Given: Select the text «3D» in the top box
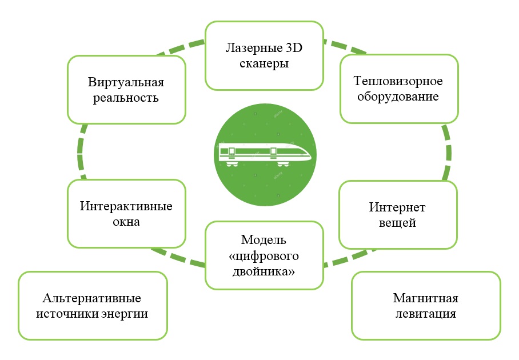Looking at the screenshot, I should [293, 49].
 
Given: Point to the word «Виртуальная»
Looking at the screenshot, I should [126, 82].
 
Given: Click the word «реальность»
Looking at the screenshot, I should [126, 98].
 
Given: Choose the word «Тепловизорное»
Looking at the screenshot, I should [398, 81].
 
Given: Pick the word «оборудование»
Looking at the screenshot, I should [398, 97].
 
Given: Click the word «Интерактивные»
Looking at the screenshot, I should [126, 206].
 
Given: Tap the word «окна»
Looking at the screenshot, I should [126, 222].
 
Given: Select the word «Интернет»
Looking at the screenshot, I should [397, 207].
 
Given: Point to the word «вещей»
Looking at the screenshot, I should [397, 222].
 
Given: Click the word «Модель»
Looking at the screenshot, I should [264, 239].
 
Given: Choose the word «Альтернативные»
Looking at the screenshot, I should [92, 298].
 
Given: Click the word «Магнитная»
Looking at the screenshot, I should [426, 298].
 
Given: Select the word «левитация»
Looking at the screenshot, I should [426, 314].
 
